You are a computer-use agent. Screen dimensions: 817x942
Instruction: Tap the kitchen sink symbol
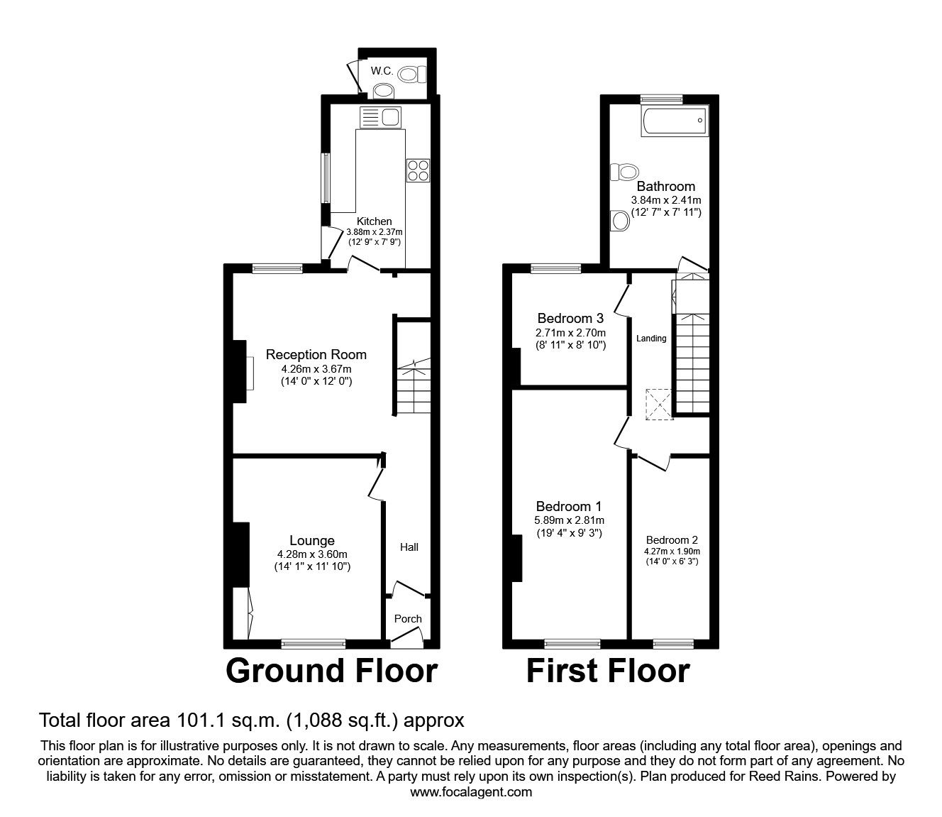click(x=382, y=116)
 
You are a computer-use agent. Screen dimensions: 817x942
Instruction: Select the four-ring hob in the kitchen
click(x=418, y=170)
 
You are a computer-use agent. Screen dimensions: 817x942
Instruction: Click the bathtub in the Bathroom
click(x=675, y=121)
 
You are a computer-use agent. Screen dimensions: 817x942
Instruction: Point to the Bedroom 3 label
click(x=570, y=318)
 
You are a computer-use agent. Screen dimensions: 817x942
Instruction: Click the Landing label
click(x=650, y=339)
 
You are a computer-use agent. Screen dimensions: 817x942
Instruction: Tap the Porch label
click(x=408, y=619)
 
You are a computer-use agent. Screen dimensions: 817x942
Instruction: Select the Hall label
click(x=409, y=547)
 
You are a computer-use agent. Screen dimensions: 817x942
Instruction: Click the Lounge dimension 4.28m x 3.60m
click(x=312, y=554)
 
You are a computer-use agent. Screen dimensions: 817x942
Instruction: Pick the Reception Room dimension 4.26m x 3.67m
click(x=316, y=369)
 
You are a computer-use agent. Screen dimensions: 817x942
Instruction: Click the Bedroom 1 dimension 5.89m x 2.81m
click(x=569, y=520)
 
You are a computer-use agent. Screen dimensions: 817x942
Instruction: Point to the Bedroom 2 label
click(x=671, y=540)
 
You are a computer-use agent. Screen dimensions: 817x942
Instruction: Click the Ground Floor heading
click(x=332, y=671)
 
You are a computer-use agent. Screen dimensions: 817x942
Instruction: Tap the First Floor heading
click(x=608, y=671)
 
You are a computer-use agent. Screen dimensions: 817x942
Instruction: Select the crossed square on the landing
click(x=659, y=404)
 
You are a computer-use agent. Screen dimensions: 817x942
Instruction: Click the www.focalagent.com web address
click(x=471, y=791)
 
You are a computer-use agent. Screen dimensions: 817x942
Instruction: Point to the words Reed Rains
click(x=778, y=777)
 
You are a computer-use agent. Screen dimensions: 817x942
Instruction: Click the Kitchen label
click(x=374, y=221)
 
